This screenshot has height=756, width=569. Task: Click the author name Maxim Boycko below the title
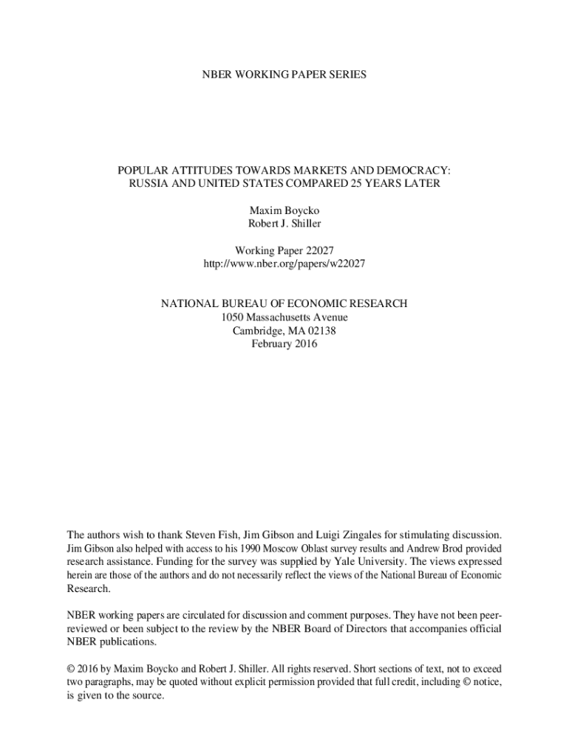[x=284, y=210]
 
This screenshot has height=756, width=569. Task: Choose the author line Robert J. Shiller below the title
[x=284, y=223]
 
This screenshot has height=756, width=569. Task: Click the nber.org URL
[x=284, y=263]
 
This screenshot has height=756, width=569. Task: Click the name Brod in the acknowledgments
[x=443, y=549]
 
